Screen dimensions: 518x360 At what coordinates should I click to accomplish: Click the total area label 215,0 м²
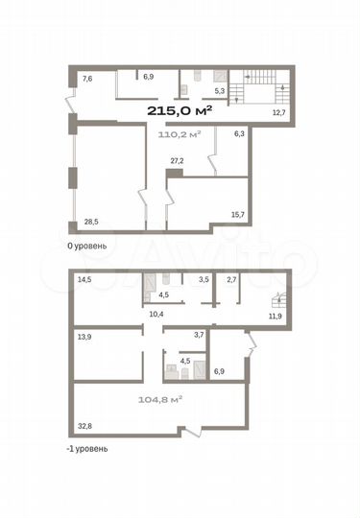click(180, 110)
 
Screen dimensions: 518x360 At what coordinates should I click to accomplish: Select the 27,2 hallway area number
click(177, 161)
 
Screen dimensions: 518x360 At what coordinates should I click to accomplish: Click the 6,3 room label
click(239, 134)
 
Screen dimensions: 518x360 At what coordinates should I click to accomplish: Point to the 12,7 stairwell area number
click(278, 113)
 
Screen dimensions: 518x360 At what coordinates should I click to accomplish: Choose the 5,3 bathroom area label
click(219, 91)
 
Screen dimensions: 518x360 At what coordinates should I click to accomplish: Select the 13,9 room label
click(84, 337)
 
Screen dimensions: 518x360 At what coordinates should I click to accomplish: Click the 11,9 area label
click(276, 315)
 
